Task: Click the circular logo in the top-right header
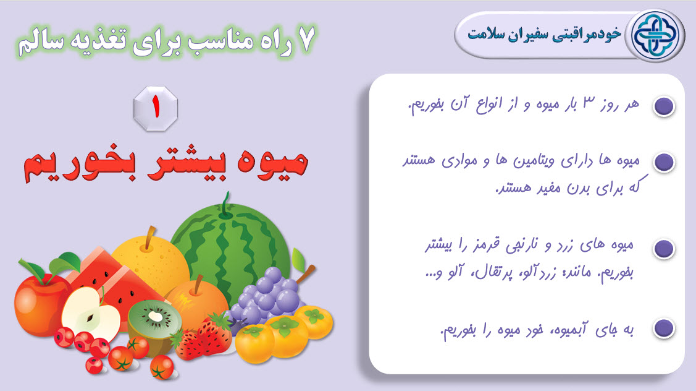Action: (655, 36)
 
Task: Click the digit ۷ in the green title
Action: (306, 39)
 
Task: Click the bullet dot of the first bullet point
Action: (664, 106)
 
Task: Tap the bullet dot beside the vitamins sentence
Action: (664, 162)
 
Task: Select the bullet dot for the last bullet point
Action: (664, 328)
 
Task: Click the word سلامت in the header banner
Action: (487, 35)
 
